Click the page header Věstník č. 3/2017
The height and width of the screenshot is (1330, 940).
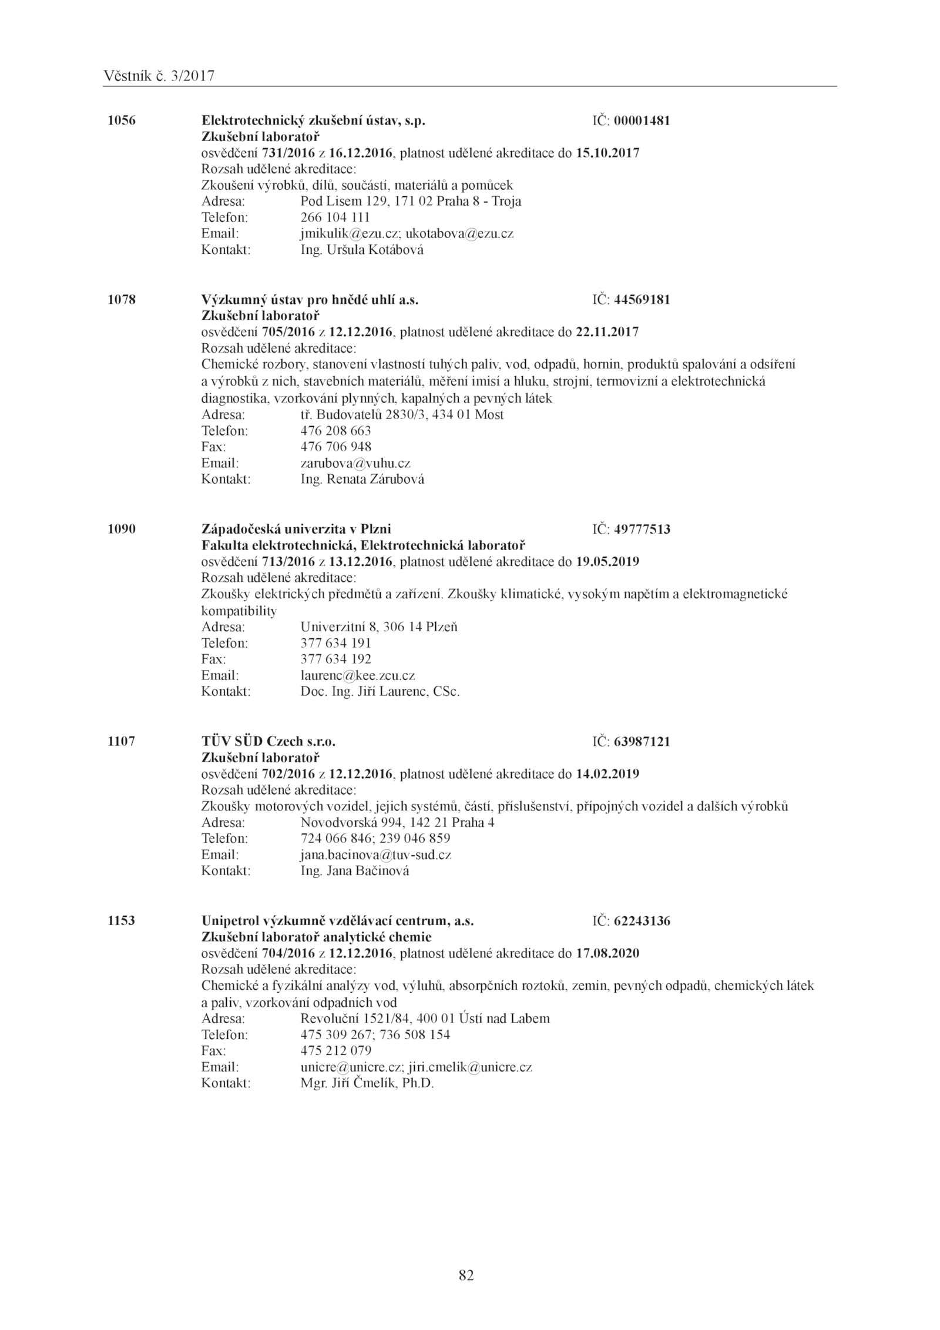[x=159, y=76]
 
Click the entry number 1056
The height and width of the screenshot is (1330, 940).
[x=122, y=120]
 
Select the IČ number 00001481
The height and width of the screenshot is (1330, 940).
[x=642, y=121]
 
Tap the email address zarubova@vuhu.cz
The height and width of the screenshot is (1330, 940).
[x=355, y=463]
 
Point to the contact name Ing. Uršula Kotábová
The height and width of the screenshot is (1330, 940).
[x=361, y=250]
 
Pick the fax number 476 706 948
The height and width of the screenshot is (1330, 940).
[x=335, y=447]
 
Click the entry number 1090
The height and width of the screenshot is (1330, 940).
[x=122, y=529]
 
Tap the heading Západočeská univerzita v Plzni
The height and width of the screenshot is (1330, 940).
[x=296, y=529]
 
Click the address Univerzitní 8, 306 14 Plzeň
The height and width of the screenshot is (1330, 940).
[x=379, y=627]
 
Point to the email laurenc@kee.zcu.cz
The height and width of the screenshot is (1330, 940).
[x=357, y=675]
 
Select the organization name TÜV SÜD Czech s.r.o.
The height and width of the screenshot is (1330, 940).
[x=268, y=741]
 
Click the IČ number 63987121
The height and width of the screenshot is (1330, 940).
[x=642, y=742]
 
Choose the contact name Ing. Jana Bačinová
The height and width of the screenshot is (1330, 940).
[x=354, y=870]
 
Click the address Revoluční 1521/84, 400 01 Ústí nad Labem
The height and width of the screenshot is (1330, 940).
[x=425, y=1018]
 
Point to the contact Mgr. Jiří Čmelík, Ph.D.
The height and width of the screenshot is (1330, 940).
[x=367, y=1083]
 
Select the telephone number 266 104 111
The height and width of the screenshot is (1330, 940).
[x=335, y=217]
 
